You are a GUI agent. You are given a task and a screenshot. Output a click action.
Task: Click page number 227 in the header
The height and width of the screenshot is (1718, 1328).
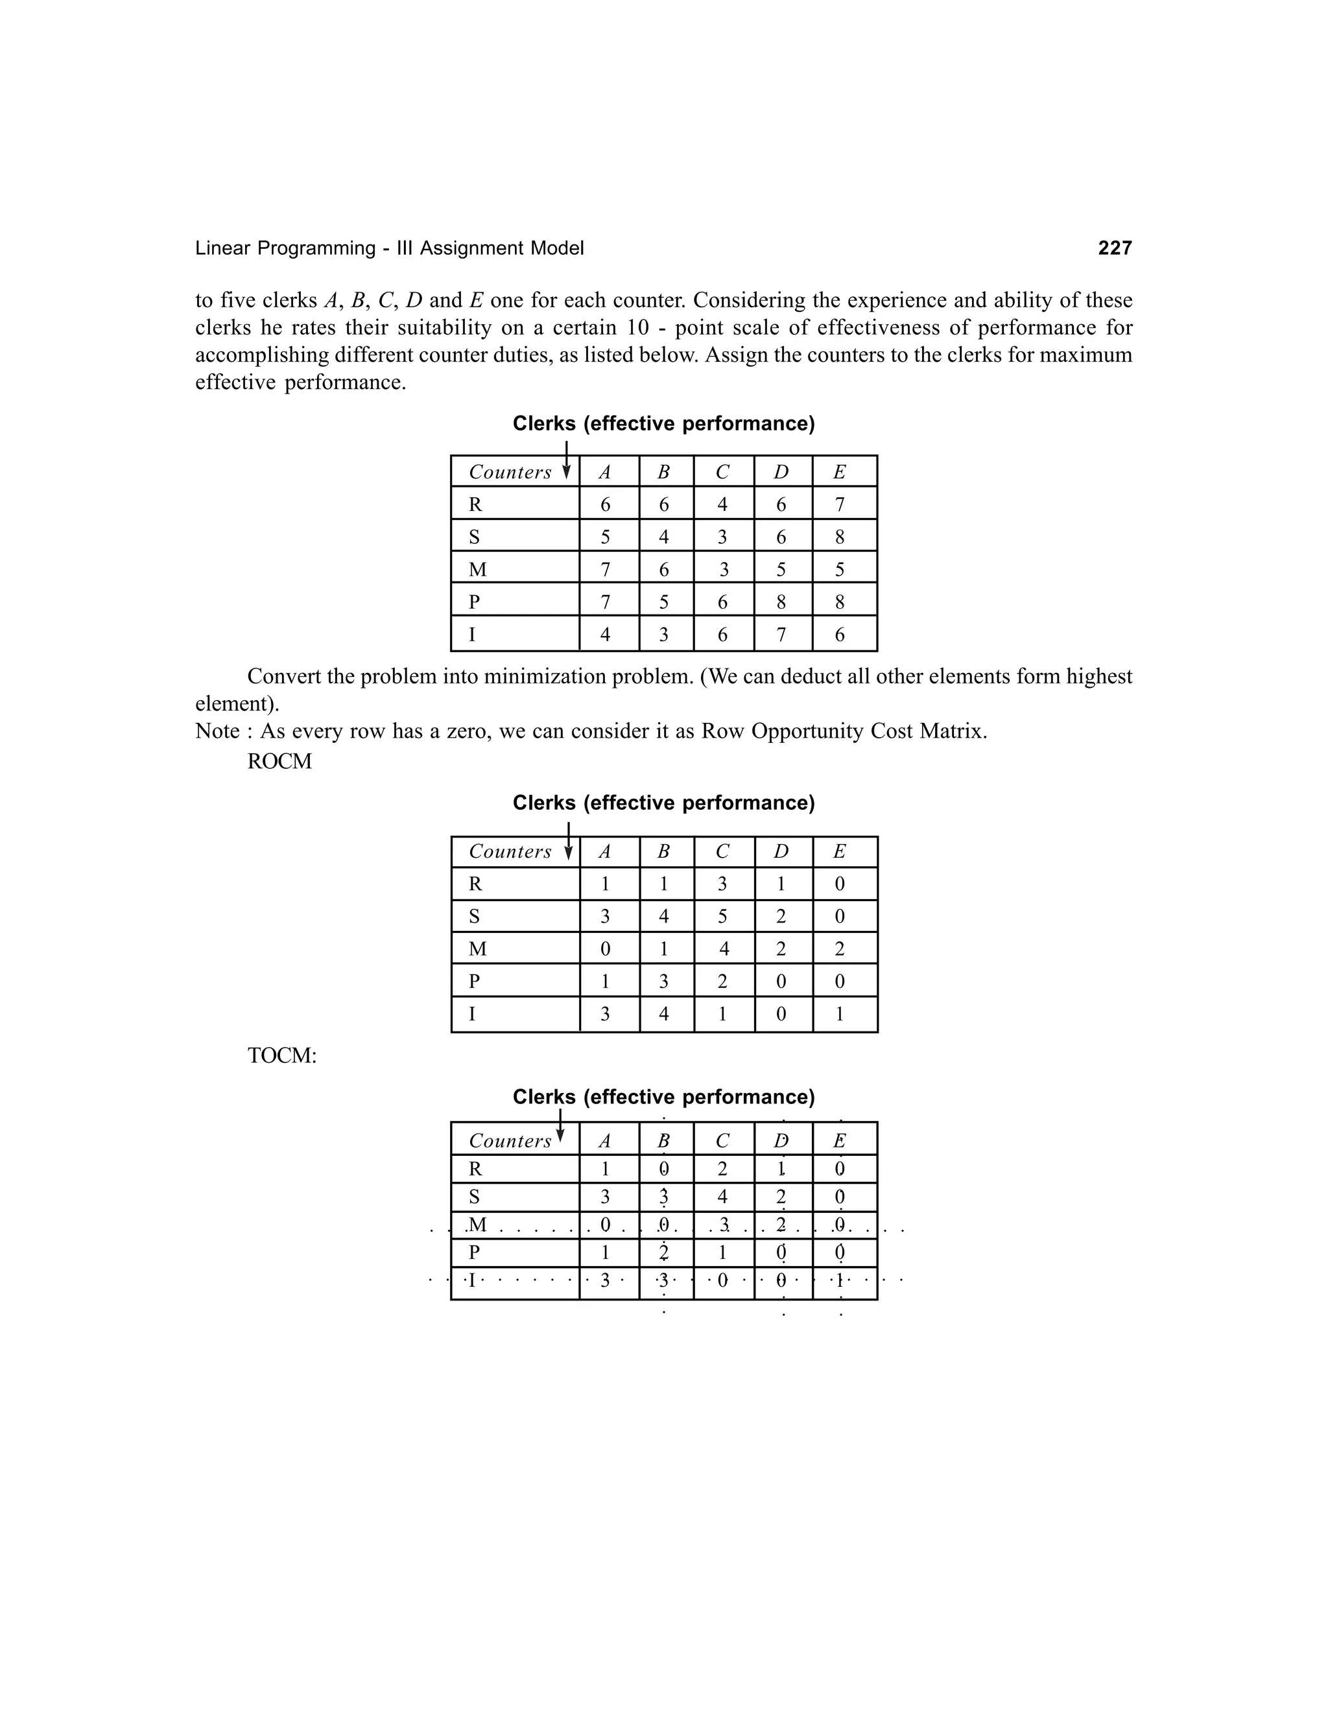click(1114, 248)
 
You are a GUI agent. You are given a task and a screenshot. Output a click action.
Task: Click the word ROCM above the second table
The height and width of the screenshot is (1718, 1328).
click(279, 762)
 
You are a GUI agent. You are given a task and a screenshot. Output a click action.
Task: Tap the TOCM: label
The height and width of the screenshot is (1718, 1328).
click(281, 1055)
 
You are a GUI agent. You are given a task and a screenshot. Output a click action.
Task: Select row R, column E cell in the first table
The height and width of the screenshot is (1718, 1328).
click(840, 504)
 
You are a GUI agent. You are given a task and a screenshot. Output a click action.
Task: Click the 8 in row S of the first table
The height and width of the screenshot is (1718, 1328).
click(840, 537)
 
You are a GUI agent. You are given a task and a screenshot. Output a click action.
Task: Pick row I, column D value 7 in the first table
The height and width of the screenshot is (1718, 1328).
click(781, 634)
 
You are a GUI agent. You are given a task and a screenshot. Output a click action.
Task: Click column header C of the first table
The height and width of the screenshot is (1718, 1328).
click(722, 472)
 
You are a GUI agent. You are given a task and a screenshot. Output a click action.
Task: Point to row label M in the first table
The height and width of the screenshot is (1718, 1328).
click(477, 569)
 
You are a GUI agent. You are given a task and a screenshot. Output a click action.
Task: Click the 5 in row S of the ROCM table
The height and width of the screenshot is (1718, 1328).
click(722, 917)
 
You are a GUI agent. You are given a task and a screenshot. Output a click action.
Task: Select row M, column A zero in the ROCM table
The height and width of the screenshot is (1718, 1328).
click(605, 948)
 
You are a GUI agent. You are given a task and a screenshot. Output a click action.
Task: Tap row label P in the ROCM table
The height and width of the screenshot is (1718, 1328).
click(475, 981)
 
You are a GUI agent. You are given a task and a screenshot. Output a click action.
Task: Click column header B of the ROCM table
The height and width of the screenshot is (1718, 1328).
click(663, 852)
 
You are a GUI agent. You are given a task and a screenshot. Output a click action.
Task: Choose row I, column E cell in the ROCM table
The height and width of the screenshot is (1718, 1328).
click(840, 1014)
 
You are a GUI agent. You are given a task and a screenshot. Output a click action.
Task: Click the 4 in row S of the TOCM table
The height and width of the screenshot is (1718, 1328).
click(722, 1197)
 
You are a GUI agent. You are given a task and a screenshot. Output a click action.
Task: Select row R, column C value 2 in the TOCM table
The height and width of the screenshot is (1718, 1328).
click(722, 1169)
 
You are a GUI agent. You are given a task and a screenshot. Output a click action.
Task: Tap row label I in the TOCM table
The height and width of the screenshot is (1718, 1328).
click(472, 1280)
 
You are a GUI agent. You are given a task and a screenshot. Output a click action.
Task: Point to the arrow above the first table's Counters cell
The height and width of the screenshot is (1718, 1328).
click(565, 460)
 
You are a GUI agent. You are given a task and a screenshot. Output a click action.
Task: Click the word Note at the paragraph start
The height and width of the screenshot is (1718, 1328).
click(217, 731)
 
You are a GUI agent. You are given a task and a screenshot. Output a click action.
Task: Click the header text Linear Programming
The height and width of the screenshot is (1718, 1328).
click(285, 248)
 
